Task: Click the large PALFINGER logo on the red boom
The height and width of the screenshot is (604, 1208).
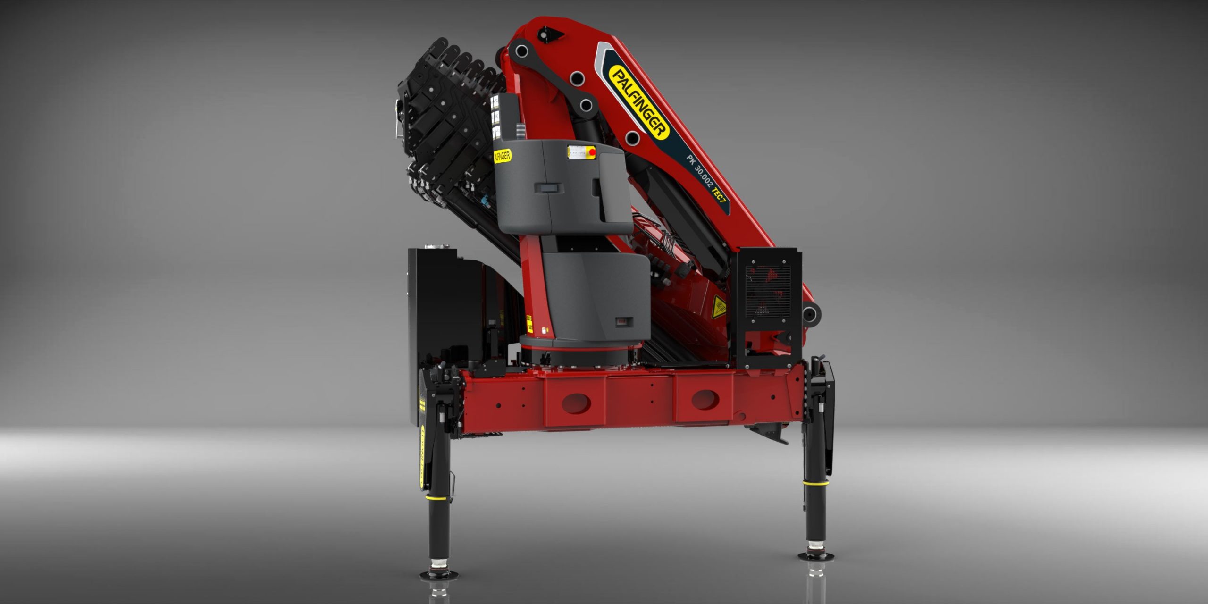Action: click(639, 102)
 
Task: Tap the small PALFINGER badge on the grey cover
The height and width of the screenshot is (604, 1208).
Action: click(502, 156)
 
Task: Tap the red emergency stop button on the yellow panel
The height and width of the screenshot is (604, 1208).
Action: click(592, 152)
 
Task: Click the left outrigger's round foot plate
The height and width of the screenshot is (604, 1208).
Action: click(439, 575)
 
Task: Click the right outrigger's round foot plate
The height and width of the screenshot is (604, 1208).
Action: click(815, 556)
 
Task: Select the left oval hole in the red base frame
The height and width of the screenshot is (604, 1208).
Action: click(577, 404)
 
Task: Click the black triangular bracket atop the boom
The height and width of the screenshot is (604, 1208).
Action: click(550, 34)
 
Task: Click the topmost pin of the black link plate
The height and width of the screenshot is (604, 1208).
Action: click(521, 50)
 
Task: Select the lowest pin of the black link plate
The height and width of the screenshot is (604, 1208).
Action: click(632, 138)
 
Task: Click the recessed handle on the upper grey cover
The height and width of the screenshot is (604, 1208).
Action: click(549, 188)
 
